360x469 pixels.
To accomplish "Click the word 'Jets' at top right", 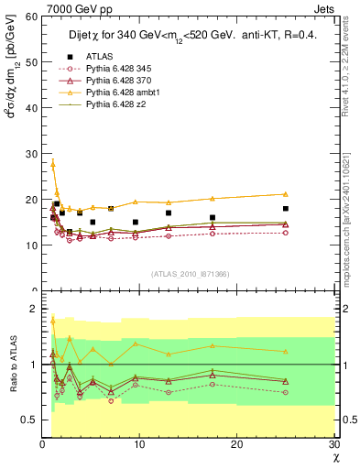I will [x=327, y=8].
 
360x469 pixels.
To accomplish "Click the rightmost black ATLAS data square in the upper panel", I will [x=286, y=209].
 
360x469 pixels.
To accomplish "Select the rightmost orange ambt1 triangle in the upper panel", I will [x=286, y=194].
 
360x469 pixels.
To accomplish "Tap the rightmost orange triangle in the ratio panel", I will [x=286, y=351].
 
